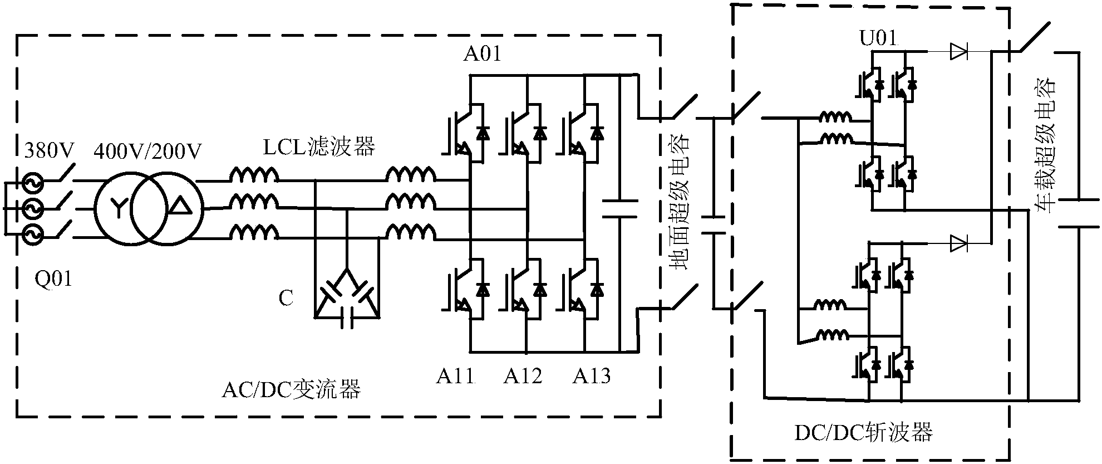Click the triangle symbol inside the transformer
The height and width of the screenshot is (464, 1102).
tap(179, 207)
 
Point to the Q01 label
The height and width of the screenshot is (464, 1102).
tap(53, 278)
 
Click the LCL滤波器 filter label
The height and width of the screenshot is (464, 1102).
tap(319, 146)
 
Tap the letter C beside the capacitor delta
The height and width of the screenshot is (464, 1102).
tap(286, 299)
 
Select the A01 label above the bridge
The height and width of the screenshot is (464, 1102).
tap(482, 54)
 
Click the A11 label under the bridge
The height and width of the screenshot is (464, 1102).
tap(455, 377)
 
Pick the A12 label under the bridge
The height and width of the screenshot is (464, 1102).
tap(523, 377)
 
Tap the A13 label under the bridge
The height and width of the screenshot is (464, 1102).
tap(592, 377)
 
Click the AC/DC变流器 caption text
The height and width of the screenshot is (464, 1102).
tap(291, 389)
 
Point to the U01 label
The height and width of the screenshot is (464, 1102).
tap(878, 40)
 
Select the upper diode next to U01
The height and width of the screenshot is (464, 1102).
tap(958, 52)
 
